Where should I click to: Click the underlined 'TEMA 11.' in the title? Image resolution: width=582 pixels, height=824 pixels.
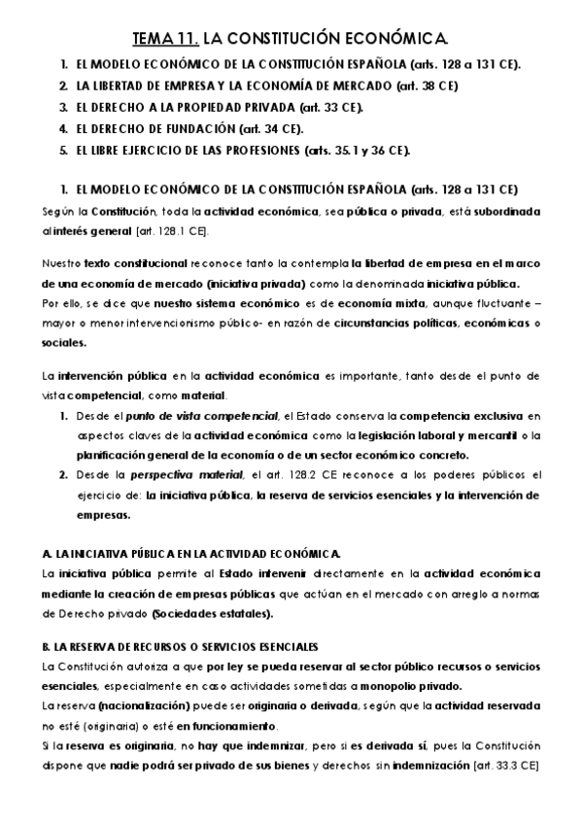[163, 40]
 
